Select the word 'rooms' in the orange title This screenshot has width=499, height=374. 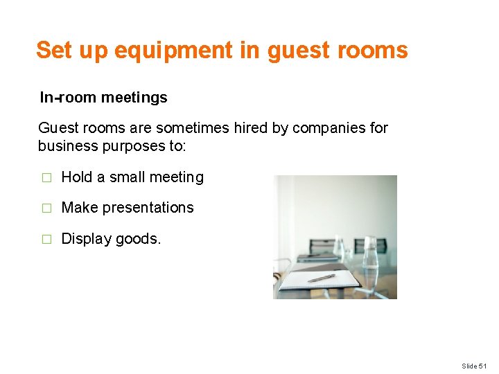click(376, 51)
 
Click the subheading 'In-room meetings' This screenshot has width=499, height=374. click(103, 98)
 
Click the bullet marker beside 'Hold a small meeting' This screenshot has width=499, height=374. click(46, 178)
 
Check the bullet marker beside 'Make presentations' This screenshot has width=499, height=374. click(46, 208)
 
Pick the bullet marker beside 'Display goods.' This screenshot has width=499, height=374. click(46, 240)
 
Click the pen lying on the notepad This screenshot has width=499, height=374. click(322, 278)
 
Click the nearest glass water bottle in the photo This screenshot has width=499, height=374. click(369, 260)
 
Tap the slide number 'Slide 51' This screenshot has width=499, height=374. click(475, 366)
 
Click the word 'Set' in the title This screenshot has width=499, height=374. click(53, 51)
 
